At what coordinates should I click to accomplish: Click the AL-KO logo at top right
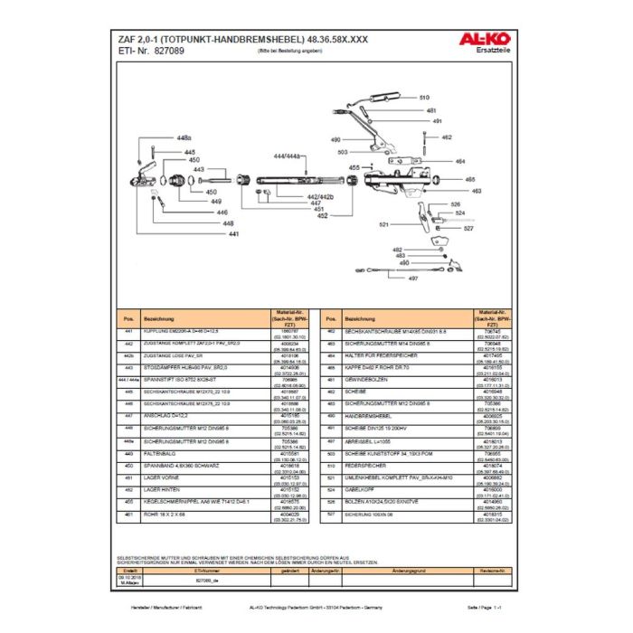489,39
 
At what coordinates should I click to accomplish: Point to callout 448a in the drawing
184,137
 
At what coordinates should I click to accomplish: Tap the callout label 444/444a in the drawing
286,156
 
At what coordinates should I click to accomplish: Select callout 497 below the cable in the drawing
412,279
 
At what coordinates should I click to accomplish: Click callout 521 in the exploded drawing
383,222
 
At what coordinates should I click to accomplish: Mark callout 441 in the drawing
233,234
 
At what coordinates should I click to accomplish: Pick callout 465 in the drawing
471,180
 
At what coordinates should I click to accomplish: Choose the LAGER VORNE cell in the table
160,477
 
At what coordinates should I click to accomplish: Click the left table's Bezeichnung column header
160,319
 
